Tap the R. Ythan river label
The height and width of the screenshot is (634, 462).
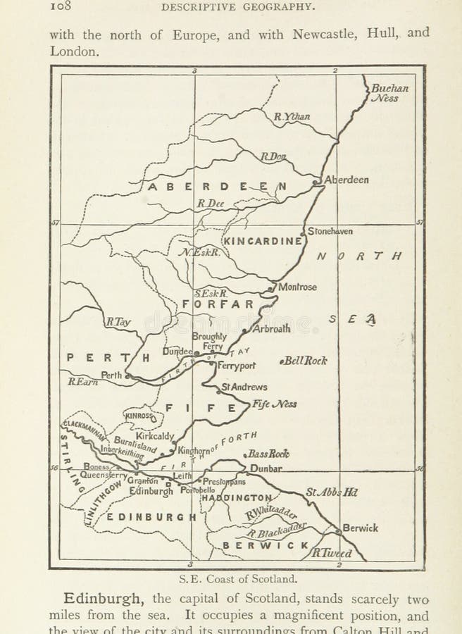pyautogui.click(x=292, y=117)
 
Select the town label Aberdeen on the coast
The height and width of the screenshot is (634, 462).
pyautogui.click(x=346, y=180)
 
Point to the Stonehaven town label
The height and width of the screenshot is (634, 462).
pyautogui.click(x=330, y=231)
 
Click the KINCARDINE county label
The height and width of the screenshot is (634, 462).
pyautogui.click(x=263, y=241)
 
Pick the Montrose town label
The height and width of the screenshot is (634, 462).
pyautogui.click(x=297, y=287)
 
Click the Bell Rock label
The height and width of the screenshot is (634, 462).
pyautogui.click(x=304, y=361)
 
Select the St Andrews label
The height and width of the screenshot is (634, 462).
pyautogui.click(x=244, y=387)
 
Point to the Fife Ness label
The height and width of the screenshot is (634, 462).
pyautogui.click(x=275, y=404)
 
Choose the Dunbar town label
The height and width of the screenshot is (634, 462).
pyautogui.click(x=266, y=468)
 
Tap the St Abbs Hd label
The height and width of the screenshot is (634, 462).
pyautogui.click(x=331, y=492)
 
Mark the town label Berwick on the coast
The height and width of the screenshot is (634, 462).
pyautogui.click(x=361, y=528)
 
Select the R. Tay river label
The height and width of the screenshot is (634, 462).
pyautogui.click(x=118, y=322)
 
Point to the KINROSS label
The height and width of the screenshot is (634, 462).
pyautogui.click(x=139, y=416)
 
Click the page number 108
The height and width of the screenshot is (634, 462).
pyautogui.click(x=62, y=7)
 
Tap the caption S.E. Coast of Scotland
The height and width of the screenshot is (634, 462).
pyautogui.click(x=237, y=579)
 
